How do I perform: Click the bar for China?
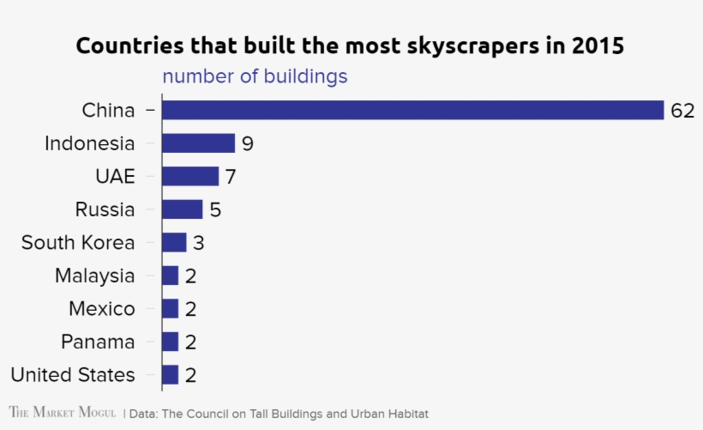pos(412,110)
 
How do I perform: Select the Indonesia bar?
pos(198,143)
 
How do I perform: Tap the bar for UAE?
pos(190,177)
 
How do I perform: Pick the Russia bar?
pos(182,209)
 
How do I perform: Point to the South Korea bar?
pos(174,243)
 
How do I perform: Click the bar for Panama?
pos(170,342)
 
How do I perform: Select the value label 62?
pos(682,111)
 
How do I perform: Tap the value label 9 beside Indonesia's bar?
pos(248,144)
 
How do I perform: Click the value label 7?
pos(230,177)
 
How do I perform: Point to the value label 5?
pos(215,210)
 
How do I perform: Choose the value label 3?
pos(198,243)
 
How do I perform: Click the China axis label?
pos(108,111)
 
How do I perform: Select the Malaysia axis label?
pos(94,276)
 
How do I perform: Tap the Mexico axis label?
pos(101,309)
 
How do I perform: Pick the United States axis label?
pos(73,375)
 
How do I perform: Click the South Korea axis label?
pos(78,243)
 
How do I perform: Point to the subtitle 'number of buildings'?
pos(255,76)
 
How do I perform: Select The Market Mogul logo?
pos(62,413)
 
